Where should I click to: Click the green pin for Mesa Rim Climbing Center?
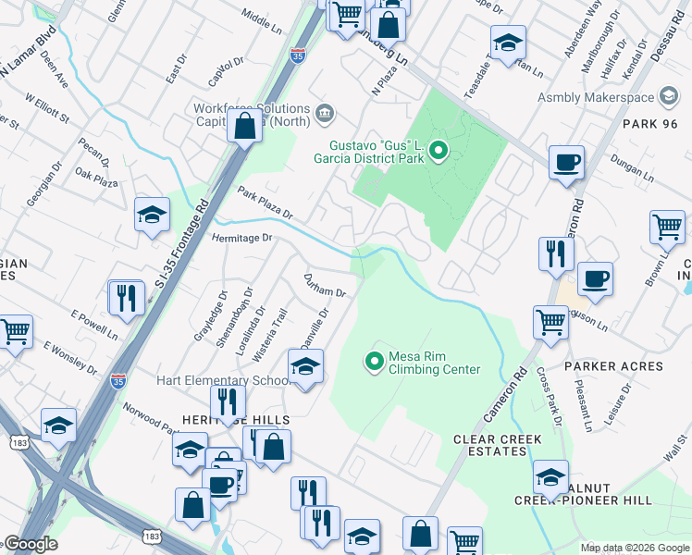click(x=375, y=361)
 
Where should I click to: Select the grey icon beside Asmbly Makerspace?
click(x=668, y=97)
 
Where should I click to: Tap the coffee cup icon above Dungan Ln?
click(x=565, y=163)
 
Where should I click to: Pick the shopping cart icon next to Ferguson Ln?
click(x=550, y=323)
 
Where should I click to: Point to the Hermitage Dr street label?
click(x=243, y=238)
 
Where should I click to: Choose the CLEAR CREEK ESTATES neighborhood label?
click(x=490, y=445)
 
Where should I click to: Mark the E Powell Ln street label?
click(x=95, y=325)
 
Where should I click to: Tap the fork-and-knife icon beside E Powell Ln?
click(x=126, y=298)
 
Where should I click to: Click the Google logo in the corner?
click(x=31, y=544)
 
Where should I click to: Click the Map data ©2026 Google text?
click(x=634, y=548)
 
